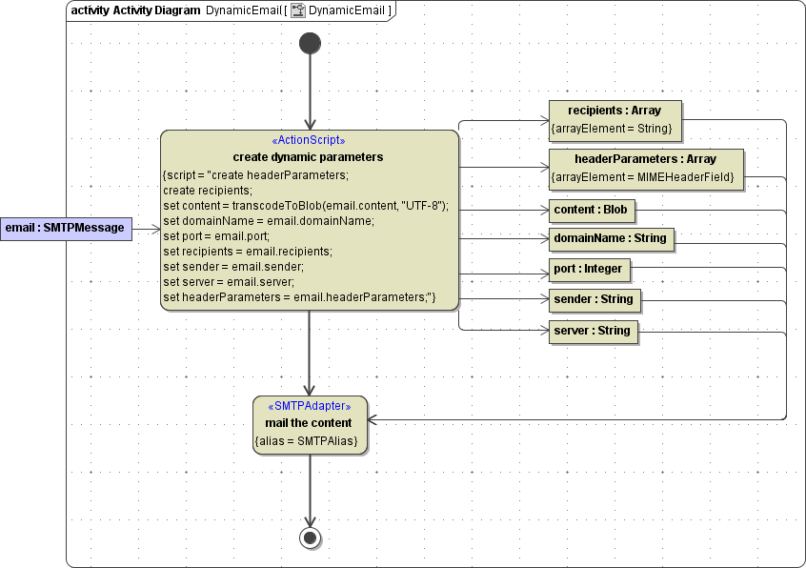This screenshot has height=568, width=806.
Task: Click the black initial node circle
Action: coord(310,43)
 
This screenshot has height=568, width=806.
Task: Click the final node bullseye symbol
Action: coord(310,538)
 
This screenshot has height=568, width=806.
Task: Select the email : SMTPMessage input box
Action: coord(65,228)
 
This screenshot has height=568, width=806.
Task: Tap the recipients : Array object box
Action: coord(614,119)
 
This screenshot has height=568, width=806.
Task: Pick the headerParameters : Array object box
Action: coord(645,168)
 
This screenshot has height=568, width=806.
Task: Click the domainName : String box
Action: coord(611,238)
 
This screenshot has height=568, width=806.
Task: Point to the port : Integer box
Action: coord(589,270)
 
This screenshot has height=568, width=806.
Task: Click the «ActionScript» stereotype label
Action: coord(309,140)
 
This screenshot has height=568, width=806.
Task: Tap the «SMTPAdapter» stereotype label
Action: coord(310,406)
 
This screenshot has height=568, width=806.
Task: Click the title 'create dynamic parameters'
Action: coord(308,157)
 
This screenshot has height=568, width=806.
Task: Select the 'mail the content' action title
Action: coord(309,423)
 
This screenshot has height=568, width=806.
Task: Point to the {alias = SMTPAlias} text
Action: coord(309,441)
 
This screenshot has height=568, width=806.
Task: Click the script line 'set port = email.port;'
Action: coord(216,236)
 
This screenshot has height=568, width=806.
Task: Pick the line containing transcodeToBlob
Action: coord(305,206)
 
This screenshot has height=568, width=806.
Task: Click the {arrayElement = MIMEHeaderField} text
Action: coord(645,177)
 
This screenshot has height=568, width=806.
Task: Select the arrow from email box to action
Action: coord(146,229)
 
